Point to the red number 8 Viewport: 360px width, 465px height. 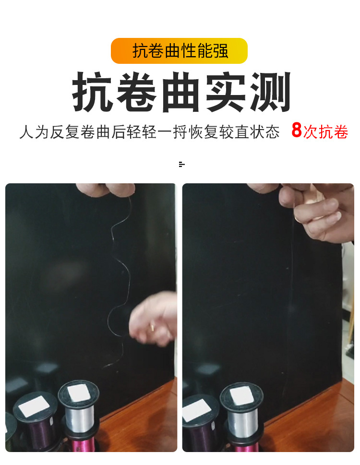click(x=297, y=131)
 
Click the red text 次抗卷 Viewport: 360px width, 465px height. click(x=326, y=131)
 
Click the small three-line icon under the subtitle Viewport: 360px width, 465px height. click(x=181, y=165)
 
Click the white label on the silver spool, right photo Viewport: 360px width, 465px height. click(x=241, y=396)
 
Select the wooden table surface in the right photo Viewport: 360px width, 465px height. click(x=307, y=422)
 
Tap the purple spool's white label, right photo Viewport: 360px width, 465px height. click(x=198, y=409)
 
